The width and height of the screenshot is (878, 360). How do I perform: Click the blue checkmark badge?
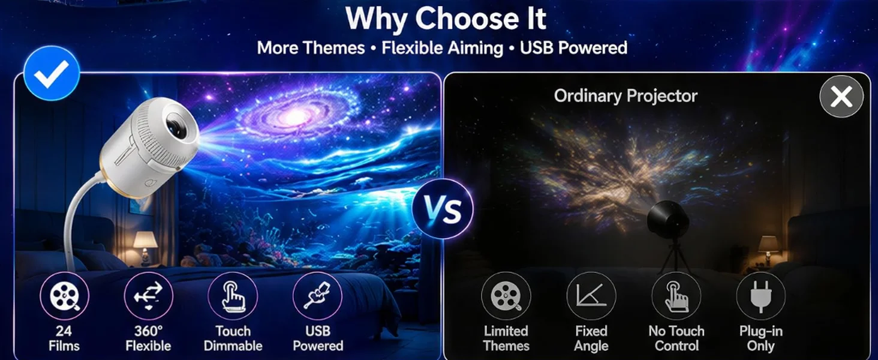[52, 73]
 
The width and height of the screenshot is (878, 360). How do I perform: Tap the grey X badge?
[841, 97]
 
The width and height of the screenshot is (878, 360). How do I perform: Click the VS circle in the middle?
[443, 208]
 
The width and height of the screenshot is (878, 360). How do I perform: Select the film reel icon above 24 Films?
[64, 296]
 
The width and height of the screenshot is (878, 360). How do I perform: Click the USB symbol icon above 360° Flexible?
[149, 296]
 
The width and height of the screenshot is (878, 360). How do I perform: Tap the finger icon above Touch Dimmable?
[233, 296]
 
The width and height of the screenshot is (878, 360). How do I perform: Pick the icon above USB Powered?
[317, 296]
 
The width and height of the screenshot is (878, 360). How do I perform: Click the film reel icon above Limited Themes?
[506, 296]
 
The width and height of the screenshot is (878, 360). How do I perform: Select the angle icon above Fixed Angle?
[591, 296]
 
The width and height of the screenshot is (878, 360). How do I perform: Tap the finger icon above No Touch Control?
[676, 296]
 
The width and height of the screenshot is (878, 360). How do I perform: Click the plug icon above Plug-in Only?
[761, 296]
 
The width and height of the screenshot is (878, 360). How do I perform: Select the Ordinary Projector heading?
[626, 96]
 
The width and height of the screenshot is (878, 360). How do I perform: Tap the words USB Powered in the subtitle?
[573, 48]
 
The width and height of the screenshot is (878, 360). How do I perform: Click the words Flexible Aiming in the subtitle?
[442, 48]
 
